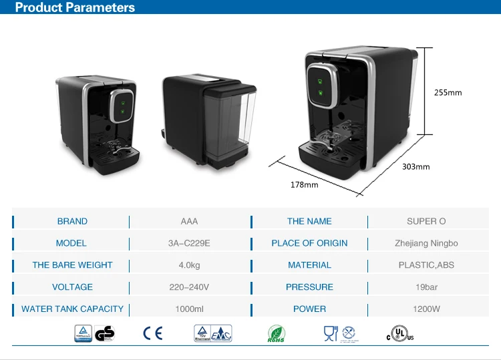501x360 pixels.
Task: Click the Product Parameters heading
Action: tap(75, 8)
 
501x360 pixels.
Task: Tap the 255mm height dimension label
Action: tap(448, 93)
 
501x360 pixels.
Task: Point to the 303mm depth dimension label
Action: tap(417, 166)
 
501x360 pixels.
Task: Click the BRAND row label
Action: tap(72, 222)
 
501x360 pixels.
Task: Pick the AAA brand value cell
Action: tap(189, 222)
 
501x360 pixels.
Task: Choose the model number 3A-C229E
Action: tap(189, 244)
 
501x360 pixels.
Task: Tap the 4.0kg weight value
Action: tap(189, 265)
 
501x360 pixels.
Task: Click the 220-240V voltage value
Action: tap(189, 287)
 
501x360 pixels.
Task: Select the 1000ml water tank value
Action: tap(189, 309)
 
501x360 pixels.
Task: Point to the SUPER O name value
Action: tap(426, 222)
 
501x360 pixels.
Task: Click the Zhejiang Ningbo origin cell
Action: tap(426, 244)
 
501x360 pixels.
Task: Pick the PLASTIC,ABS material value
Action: tap(426, 265)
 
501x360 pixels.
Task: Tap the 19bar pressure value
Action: tap(426, 287)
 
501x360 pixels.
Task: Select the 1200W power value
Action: tap(426, 309)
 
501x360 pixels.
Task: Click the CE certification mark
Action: tap(152, 333)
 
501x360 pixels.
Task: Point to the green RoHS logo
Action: tap(276, 333)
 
